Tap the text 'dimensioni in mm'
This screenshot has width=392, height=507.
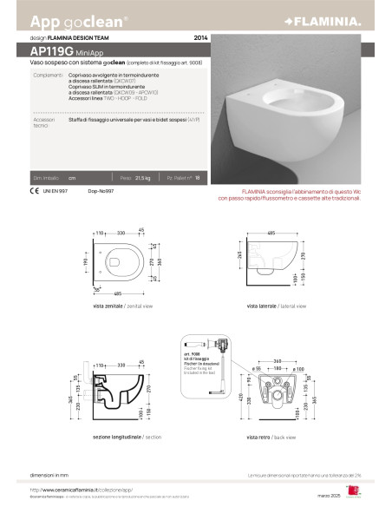(x=50, y=475)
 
